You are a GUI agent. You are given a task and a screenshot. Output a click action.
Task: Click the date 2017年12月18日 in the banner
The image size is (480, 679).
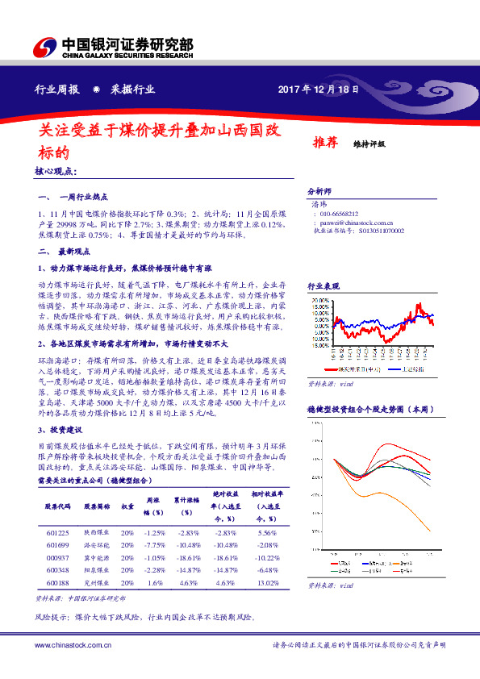pos(318,90)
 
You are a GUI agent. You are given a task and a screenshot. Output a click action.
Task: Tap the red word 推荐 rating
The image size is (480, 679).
pos(325,143)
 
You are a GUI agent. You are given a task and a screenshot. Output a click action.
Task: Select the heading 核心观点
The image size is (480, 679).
pos(55,171)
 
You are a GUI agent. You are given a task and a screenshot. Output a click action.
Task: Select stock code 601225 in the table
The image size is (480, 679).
pos(58,533)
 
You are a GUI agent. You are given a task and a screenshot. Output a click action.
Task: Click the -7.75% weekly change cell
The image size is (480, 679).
pos(154,545)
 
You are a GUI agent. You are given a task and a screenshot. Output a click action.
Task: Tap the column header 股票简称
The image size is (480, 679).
pos(96,506)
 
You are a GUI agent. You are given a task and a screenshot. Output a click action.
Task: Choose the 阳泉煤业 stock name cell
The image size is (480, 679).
pos(96,569)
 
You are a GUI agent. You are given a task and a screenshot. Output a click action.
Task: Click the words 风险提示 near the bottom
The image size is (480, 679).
pos(52,617)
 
